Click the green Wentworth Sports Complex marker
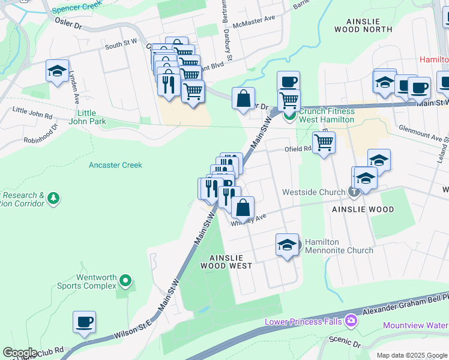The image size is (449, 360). tap(125, 280)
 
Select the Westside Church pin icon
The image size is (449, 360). tap(354, 193)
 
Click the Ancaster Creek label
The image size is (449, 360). tap(115, 164)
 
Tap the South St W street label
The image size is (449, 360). tap(121, 44)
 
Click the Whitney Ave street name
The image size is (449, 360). tap(249, 220)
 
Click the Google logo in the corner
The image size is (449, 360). tap(20, 352)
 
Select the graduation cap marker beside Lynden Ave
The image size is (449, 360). tap(58, 71)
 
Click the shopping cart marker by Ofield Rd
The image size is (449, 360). tap(324, 142)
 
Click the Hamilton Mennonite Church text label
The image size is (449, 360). tap(338, 245)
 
